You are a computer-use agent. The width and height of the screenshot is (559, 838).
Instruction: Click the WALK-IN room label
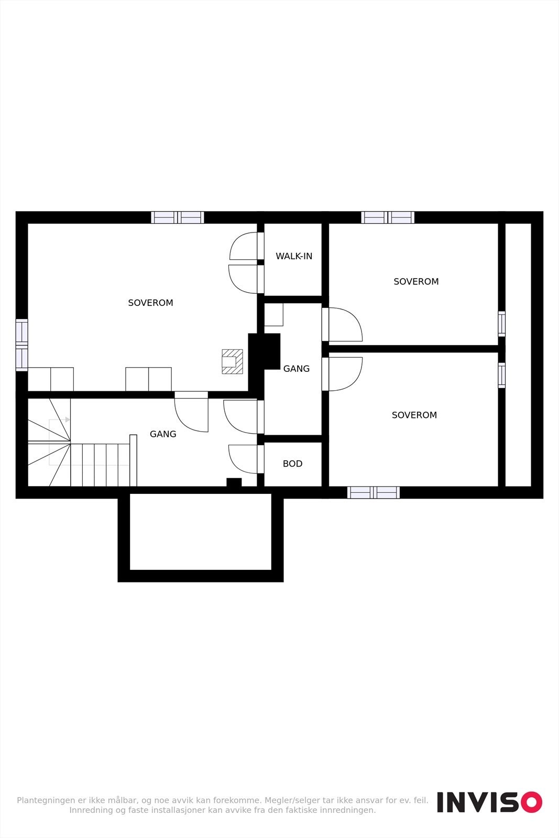[294, 256]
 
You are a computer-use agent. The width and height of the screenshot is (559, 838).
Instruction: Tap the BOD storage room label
[292, 464]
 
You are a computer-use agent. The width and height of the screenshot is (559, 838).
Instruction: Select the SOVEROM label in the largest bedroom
[150, 303]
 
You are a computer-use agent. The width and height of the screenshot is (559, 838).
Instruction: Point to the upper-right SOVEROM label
[416, 281]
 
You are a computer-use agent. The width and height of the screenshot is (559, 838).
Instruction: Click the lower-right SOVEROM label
[414, 415]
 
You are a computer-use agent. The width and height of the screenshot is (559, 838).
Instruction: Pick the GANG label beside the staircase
[163, 434]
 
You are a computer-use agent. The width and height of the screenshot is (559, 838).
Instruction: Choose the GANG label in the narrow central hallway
[296, 369]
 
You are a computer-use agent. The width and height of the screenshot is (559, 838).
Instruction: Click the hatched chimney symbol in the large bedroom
[232, 361]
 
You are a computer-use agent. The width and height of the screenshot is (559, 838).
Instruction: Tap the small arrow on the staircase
[68, 420]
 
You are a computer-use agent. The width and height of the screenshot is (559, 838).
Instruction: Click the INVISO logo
[489, 802]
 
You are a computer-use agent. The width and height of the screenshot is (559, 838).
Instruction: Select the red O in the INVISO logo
[531, 802]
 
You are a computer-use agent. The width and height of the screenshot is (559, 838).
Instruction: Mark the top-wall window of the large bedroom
[178, 217]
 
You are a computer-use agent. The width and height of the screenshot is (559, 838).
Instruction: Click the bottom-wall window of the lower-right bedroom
[373, 492]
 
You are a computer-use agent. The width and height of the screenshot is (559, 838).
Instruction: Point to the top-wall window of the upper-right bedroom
[388, 217]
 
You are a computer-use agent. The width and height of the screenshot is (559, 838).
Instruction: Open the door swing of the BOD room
[243, 459]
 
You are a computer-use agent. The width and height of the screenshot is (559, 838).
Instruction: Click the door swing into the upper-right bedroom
[345, 325]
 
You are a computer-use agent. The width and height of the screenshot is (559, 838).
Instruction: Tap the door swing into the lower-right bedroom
[345, 373]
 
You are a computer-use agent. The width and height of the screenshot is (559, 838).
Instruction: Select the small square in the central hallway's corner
[273, 314]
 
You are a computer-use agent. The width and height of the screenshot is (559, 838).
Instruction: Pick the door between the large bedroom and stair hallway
[192, 414]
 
